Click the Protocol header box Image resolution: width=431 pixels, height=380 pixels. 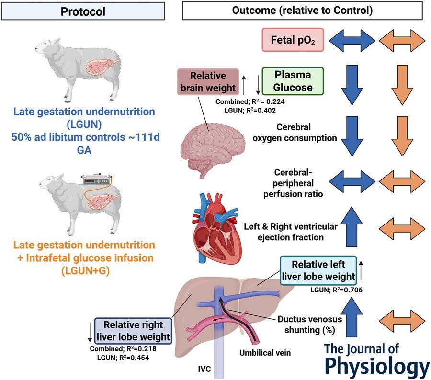pos(83,11)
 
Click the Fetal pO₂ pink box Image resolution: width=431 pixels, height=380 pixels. pos(293,40)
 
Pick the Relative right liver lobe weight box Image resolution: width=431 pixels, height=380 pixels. pos(133,331)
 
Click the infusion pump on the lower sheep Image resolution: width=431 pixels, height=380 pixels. pos(98,181)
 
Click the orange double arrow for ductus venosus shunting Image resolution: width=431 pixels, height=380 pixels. pos(402,320)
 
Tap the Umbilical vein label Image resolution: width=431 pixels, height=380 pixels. pos(265,353)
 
